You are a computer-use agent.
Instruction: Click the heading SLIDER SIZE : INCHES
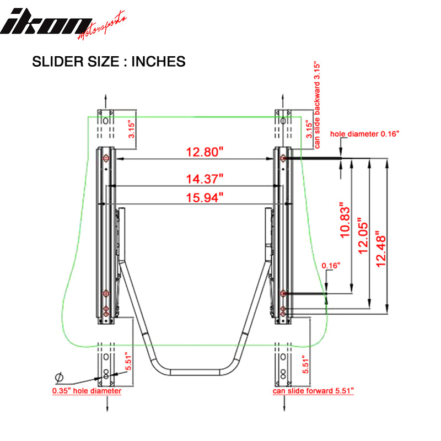(x=109, y=61)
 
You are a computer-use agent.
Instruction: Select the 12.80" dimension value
(x=197, y=152)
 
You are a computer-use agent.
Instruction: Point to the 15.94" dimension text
(x=197, y=197)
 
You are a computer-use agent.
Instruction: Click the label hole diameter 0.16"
(x=364, y=134)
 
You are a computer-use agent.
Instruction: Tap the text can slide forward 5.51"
(x=313, y=391)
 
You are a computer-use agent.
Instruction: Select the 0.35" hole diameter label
(x=87, y=391)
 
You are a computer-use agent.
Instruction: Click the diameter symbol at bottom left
(x=58, y=377)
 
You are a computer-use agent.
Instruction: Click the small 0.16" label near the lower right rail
(x=331, y=266)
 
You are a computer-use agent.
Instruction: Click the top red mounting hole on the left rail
(x=106, y=159)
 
